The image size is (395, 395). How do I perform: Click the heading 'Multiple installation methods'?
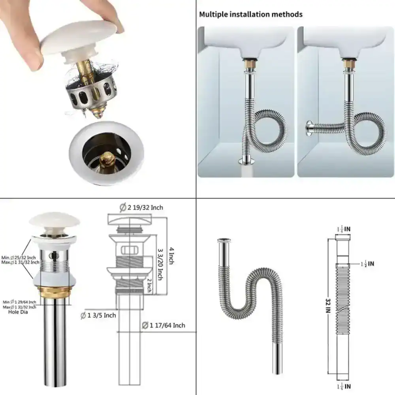tap(251, 15)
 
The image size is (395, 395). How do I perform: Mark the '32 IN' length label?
tap(327, 306)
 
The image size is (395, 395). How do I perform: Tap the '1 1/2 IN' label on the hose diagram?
tap(367, 263)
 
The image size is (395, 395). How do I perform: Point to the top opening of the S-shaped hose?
tap(224, 240)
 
